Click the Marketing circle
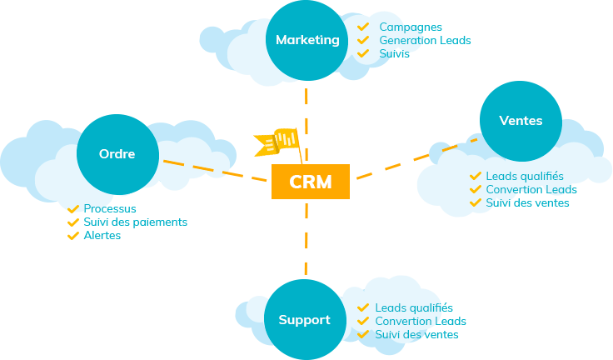point(307,40)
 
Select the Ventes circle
point(521,122)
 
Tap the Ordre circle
point(117,154)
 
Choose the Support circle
point(305,320)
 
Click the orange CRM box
point(310,182)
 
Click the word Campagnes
point(406,27)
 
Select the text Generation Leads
point(424,40)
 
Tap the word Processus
point(110,209)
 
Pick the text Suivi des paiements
point(135,222)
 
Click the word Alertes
point(102,236)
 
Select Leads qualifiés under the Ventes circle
point(525,177)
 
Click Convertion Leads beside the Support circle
point(421,322)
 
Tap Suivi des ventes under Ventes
point(528,203)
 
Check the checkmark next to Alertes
point(73,236)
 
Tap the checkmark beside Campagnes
point(363,27)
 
